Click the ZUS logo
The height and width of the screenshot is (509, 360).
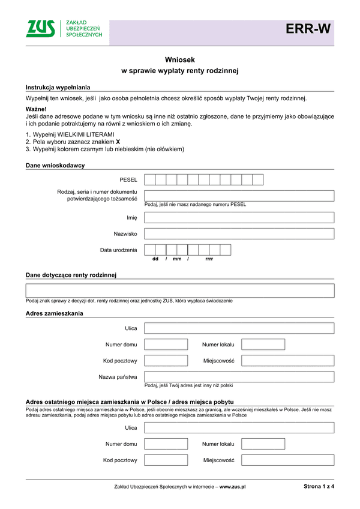point(41,28)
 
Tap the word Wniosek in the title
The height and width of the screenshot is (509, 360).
point(180,59)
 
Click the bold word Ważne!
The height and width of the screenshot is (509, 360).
point(36,109)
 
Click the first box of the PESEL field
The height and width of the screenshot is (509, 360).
point(150,179)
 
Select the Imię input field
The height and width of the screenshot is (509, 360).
point(239,217)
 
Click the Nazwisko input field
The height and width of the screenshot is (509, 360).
point(239,233)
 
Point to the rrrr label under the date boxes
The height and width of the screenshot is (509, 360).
point(209,259)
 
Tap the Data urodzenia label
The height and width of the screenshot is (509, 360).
point(119,250)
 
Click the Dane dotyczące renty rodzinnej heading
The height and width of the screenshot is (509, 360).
point(71,275)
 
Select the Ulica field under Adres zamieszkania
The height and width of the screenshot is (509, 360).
point(239,328)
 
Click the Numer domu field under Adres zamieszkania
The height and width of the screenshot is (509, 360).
point(166,345)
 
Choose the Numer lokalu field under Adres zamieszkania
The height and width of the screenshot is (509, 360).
point(263,345)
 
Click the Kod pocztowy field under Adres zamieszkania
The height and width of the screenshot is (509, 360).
point(166,361)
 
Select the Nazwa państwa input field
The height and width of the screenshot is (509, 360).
point(239,377)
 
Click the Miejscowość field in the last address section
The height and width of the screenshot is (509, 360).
point(287,460)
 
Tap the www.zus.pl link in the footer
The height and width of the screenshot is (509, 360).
point(233,487)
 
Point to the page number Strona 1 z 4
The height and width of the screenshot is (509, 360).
point(315,487)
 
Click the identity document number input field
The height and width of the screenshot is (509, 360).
point(239,196)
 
